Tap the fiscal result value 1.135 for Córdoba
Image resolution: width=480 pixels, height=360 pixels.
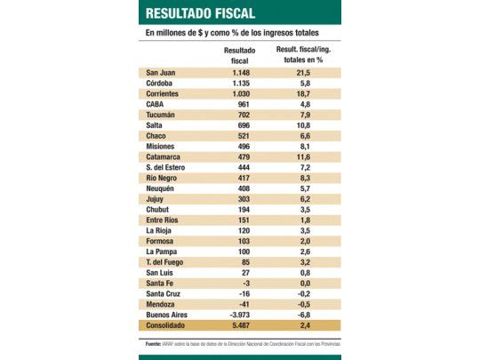click(x=238, y=83)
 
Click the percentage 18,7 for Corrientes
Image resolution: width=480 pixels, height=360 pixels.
click(x=303, y=93)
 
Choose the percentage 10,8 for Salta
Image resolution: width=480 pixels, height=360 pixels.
click(x=303, y=124)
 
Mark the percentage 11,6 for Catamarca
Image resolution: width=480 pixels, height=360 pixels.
click(x=303, y=156)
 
